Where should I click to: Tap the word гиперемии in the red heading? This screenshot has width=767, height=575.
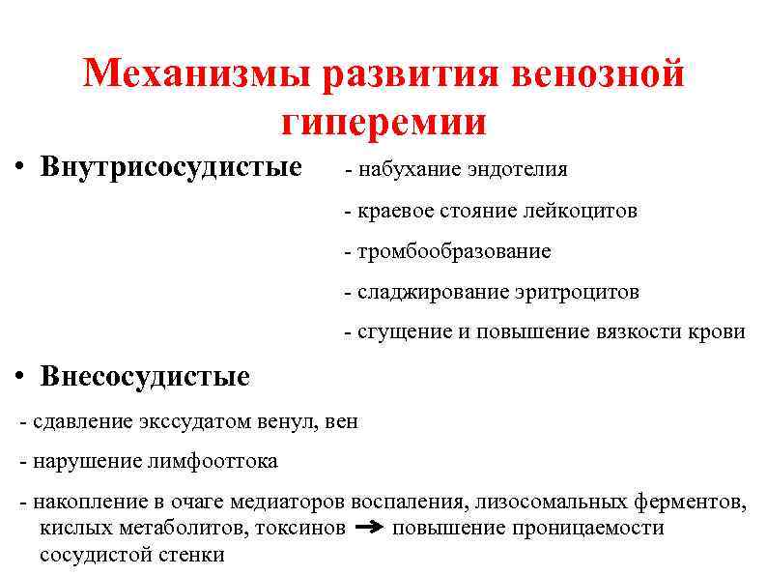(383, 123)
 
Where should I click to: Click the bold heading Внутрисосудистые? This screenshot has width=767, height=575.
(171, 167)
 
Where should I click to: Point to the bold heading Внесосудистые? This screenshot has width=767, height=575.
(145, 376)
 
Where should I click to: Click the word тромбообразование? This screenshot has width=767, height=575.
(454, 251)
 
